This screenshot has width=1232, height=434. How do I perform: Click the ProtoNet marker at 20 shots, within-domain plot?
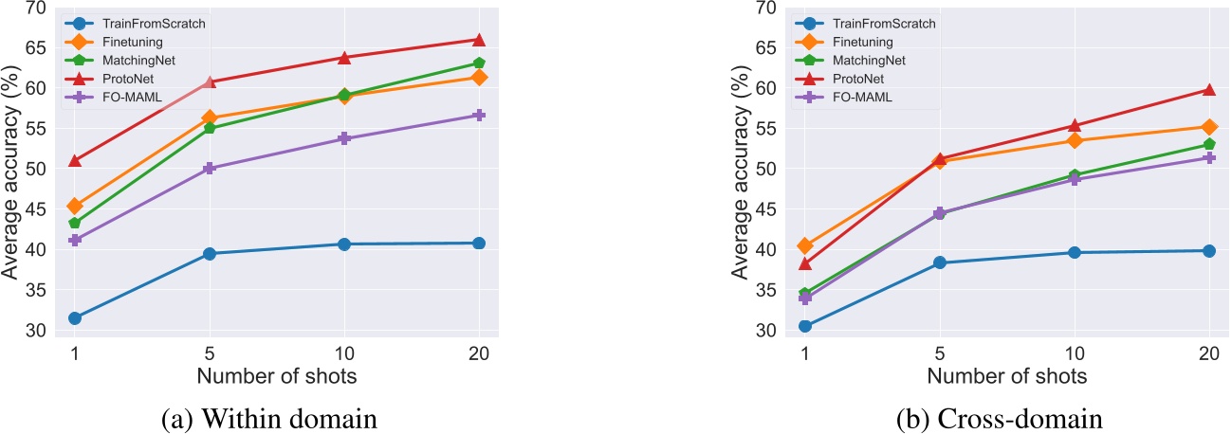coord(479,40)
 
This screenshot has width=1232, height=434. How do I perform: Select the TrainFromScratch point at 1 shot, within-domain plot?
coord(74,318)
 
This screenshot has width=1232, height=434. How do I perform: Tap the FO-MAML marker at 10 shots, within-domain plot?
coord(344,138)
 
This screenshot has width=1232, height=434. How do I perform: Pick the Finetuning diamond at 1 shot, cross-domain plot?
coord(805,245)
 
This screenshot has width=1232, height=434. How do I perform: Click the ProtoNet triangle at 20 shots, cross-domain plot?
coord(1209,90)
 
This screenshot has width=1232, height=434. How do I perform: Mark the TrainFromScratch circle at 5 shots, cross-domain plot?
coord(940,262)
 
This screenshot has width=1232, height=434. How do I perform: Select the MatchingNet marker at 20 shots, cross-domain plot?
coord(1209,145)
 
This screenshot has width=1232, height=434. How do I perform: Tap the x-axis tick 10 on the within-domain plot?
coord(344,352)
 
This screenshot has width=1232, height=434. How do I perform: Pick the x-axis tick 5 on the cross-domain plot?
coord(940,352)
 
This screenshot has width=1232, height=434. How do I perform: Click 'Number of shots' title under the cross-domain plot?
coord(1007,376)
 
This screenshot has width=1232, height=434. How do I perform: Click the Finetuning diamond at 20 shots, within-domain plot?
coord(479,77)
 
